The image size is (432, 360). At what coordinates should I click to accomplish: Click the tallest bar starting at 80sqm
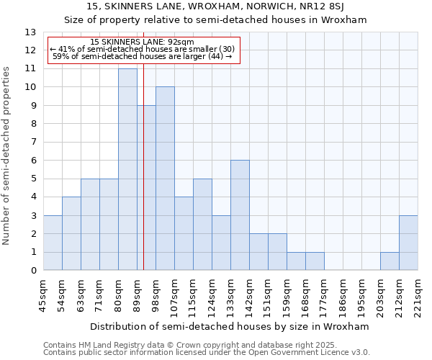[x=127, y=169]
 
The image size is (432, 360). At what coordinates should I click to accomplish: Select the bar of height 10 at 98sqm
[x=165, y=179]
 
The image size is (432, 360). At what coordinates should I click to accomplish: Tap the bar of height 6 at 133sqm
[x=240, y=215]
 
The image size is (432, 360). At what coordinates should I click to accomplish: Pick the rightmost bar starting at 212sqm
[x=408, y=243]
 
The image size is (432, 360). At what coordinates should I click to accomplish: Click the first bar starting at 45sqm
[x=53, y=243]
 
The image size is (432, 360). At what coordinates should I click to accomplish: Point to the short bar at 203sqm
[x=390, y=261]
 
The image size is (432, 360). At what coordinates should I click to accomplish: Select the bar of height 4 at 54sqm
[x=71, y=233]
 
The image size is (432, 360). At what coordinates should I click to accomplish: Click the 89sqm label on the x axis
[x=137, y=294]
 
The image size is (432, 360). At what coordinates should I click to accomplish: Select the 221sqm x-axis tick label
[x=418, y=294]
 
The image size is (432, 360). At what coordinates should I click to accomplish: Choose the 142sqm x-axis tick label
[x=249, y=294]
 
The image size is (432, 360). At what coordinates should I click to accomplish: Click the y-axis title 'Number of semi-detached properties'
[x=7, y=156]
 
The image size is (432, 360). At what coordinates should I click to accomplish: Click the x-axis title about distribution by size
[x=230, y=326]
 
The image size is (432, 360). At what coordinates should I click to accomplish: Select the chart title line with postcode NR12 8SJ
[x=216, y=7]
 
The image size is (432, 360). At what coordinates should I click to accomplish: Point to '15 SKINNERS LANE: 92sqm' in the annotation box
[x=143, y=42]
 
